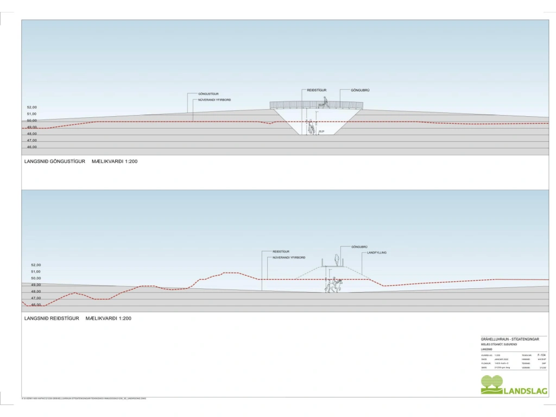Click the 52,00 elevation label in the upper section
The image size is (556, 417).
32,107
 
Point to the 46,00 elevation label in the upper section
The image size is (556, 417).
32,147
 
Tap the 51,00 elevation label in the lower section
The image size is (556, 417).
36,271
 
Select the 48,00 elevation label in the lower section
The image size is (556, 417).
36,292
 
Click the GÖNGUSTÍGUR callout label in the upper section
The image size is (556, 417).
208,94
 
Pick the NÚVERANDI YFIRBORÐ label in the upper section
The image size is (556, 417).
214,100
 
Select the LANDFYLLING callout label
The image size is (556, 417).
376,252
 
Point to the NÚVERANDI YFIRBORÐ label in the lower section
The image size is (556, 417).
289,257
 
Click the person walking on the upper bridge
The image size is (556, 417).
325,102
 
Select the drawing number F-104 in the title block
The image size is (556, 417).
541,355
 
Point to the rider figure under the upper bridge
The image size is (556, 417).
311,127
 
